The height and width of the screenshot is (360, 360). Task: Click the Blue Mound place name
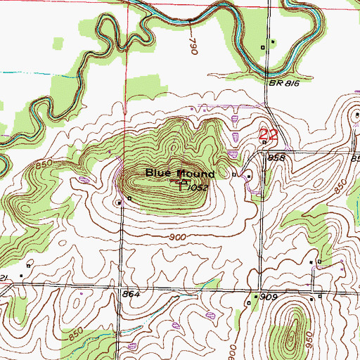[180, 173]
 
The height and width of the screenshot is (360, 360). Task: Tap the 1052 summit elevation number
[200, 188]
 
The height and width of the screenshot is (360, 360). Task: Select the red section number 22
[266, 133]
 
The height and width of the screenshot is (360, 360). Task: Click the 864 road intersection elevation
[131, 294]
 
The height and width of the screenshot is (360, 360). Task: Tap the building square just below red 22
[264, 143]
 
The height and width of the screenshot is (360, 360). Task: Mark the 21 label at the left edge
[4, 279]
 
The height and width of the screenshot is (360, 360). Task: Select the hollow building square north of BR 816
[264, 47]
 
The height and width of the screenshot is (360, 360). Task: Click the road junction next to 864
[120, 288]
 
